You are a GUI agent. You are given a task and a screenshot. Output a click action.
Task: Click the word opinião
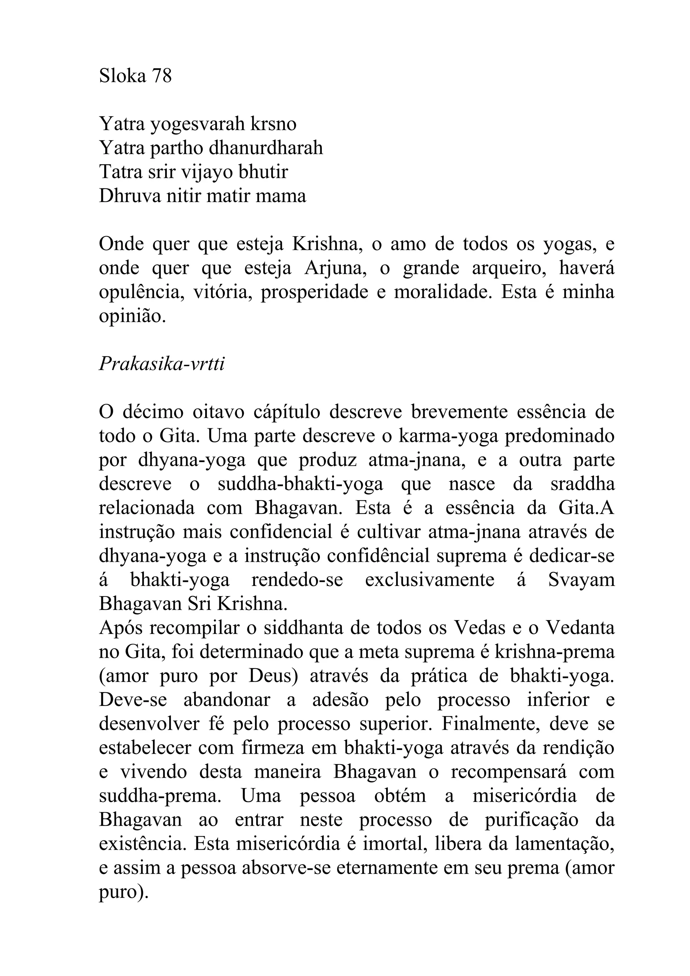tap(132, 316)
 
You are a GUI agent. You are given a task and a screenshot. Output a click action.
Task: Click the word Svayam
tap(581, 580)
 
